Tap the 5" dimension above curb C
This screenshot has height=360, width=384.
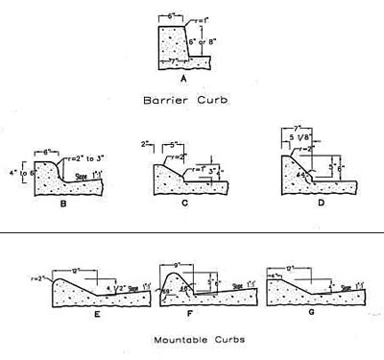coord(172,147)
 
